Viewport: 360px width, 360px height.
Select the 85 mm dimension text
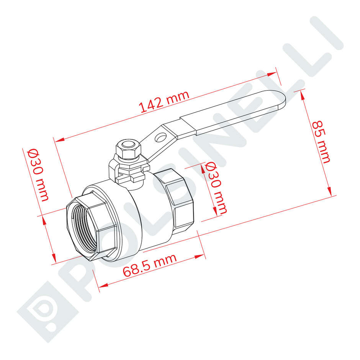321,142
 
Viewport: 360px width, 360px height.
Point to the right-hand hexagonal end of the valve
176,199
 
